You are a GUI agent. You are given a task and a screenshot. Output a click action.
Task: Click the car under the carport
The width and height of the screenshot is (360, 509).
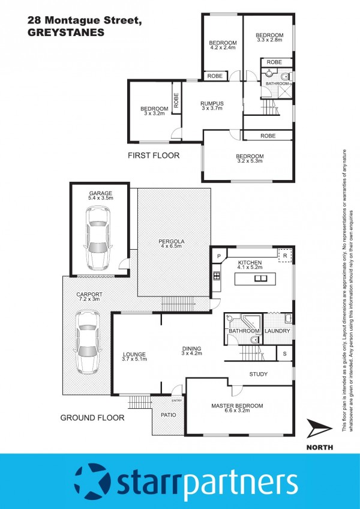88,343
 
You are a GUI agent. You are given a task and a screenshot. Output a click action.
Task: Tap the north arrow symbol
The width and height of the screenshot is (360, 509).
319,428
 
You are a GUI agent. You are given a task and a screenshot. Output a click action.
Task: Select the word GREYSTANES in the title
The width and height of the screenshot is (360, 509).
66,33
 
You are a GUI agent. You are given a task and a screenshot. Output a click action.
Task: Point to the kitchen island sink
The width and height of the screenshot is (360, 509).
260,278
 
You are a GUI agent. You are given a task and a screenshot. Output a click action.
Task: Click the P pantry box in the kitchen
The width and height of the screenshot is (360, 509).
219,256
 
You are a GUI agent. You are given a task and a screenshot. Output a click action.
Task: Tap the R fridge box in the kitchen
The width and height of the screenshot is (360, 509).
285,255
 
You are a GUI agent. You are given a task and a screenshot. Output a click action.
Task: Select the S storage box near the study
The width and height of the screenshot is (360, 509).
284,354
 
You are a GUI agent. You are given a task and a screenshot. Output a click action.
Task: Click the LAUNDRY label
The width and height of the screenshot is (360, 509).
277,331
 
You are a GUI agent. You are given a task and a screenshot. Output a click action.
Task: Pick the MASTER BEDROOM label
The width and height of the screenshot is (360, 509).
237,406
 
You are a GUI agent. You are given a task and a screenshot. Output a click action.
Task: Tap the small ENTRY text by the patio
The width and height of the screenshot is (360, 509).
177,400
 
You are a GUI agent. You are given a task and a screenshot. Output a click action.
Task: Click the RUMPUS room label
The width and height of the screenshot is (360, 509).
212,104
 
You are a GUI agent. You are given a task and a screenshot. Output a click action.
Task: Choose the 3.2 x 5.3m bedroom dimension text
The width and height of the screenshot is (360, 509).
250,161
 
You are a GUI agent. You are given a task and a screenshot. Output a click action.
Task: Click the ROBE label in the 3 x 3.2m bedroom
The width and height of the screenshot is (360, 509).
176,100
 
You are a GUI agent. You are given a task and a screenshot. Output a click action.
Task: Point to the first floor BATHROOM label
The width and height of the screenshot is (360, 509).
277,84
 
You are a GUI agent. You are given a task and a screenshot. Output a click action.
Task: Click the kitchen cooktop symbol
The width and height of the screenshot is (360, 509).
217,276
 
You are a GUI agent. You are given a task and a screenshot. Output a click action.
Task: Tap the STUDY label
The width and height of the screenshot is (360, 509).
259,375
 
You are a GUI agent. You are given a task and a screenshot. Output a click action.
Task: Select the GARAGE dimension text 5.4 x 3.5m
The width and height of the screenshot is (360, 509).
100,197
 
